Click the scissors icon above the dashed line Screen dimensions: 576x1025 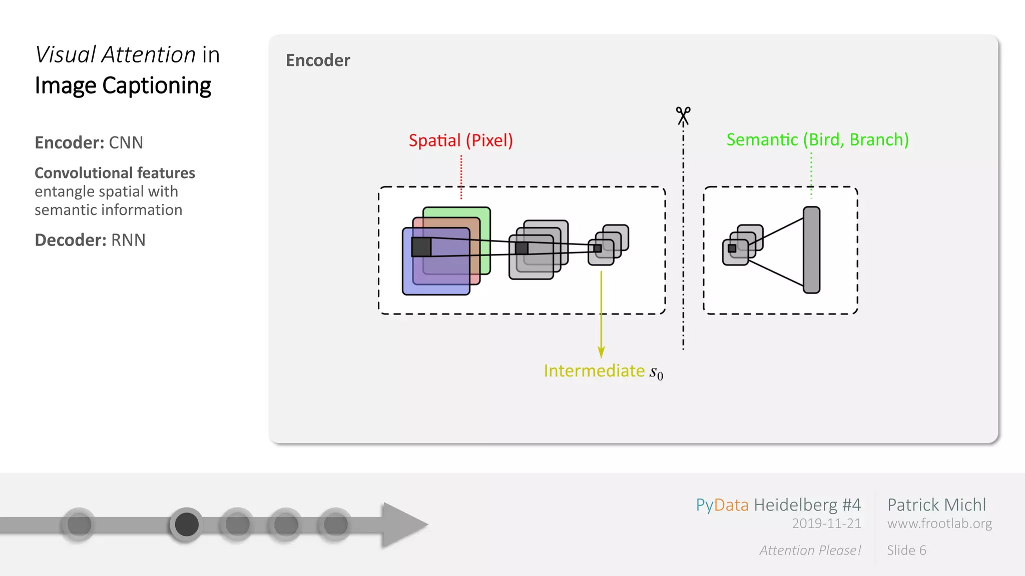[x=683, y=116]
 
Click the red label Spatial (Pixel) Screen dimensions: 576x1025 [x=460, y=140]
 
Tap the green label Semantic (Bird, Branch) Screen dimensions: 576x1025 [x=817, y=139]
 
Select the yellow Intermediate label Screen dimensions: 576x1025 [x=595, y=371]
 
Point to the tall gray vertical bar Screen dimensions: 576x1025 [x=811, y=249]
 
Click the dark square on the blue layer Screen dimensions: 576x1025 [x=421, y=247]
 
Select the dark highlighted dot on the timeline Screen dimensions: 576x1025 [x=187, y=524]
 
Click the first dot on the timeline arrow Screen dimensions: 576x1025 [x=79, y=524]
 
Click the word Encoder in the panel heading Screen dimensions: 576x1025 [x=318, y=60]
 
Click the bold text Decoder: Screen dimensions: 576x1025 [x=71, y=240]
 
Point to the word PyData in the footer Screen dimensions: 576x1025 [x=722, y=505]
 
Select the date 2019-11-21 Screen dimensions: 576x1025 [x=826, y=523]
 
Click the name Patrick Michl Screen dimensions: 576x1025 [x=936, y=505]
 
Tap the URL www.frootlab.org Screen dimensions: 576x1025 [x=939, y=523]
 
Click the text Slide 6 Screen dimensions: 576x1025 [x=906, y=550]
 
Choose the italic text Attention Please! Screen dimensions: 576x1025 [x=810, y=550]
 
